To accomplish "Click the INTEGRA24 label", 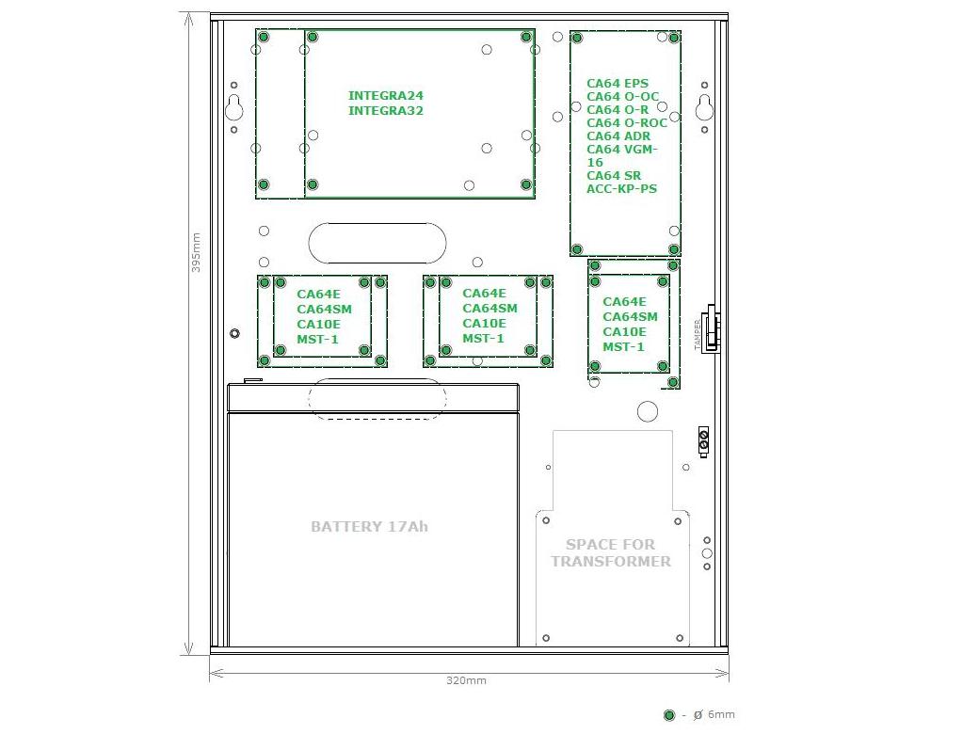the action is (385, 95).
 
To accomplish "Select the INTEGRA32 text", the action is (385, 110).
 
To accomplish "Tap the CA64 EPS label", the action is (617, 83).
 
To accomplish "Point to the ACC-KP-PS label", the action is (621, 188).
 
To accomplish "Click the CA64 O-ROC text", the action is (627, 123).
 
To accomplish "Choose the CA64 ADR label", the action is (618, 136).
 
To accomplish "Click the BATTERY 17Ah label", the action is (369, 527).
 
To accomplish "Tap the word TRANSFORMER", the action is (611, 562).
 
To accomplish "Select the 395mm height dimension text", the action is (196, 252).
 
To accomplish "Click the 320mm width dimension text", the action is (466, 680).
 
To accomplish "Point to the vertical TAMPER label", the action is (698, 334).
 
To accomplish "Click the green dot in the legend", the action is (669, 715).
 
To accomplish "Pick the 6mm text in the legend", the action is (721, 714).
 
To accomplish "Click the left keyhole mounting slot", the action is (234, 106).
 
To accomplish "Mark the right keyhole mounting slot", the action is (704, 106).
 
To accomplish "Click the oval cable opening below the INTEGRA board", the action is (377, 243).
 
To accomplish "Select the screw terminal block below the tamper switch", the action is (703, 442).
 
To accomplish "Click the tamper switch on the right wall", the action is (711, 329).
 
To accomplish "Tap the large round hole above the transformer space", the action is (648, 411).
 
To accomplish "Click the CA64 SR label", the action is (613, 175).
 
